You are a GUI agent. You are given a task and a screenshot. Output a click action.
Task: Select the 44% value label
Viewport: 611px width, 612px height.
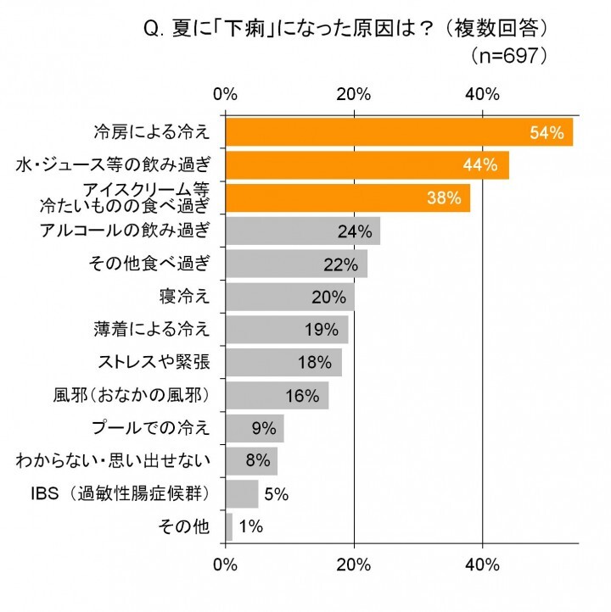pos(480,165)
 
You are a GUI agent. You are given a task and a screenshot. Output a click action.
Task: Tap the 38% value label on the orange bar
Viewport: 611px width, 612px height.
pos(445,198)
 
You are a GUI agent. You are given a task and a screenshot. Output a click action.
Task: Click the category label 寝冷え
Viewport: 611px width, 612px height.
pos(183,297)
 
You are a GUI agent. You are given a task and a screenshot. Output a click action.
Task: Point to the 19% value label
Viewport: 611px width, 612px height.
pos(322,330)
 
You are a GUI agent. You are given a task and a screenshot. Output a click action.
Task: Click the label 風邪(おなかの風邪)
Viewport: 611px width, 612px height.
pos(132,395)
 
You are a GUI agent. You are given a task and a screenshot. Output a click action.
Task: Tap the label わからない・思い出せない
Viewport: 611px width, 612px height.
pos(113,461)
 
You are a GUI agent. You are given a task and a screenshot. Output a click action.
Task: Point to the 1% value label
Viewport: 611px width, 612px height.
pos(250,526)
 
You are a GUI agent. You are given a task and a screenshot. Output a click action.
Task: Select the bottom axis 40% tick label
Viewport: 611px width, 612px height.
pos(483,564)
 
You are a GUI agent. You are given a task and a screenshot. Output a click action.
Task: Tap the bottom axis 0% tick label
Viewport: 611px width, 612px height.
pos(226,564)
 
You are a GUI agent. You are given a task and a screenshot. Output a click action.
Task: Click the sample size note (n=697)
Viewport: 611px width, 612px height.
pos(510,56)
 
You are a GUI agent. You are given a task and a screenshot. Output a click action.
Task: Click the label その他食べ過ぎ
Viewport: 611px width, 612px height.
pos(149,264)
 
